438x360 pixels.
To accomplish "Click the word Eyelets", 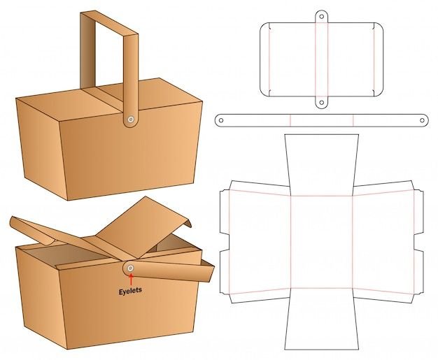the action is pyautogui.click(x=130, y=291).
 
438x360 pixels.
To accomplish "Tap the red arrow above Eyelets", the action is pyautogui.click(x=130, y=280).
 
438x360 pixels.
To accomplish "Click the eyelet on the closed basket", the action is pyautogui.click(x=130, y=120).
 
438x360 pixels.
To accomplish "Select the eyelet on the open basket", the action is pyautogui.click(x=130, y=268).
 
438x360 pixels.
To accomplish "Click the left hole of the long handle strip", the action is pyautogui.click(x=221, y=120).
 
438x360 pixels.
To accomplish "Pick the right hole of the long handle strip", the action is pyautogui.click(x=423, y=120).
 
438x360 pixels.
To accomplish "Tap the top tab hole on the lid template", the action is pyautogui.click(x=322, y=17).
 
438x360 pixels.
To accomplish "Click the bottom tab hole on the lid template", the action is pyautogui.click(x=322, y=103).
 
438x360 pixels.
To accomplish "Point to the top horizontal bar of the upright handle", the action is pyautogui.click(x=109, y=23).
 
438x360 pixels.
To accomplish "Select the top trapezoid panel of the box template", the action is pyautogui.click(x=322, y=165).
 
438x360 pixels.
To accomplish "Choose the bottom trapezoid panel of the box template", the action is pyautogui.click(x=322, y=319).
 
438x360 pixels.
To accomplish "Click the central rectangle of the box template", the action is pyautogui.click(x=322, y=242).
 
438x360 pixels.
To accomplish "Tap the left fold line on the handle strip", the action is pyautogui.click(x=290, y=120).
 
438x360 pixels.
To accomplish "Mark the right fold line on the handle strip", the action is pyautogui.click(x=353, y=120).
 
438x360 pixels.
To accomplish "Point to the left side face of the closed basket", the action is pyautogui.click(x=42, y=148).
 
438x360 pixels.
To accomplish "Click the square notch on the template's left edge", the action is pyautogui.click(x=225, y=242).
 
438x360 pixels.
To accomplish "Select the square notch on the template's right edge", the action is pyautogui.click(x=418, y=242).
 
